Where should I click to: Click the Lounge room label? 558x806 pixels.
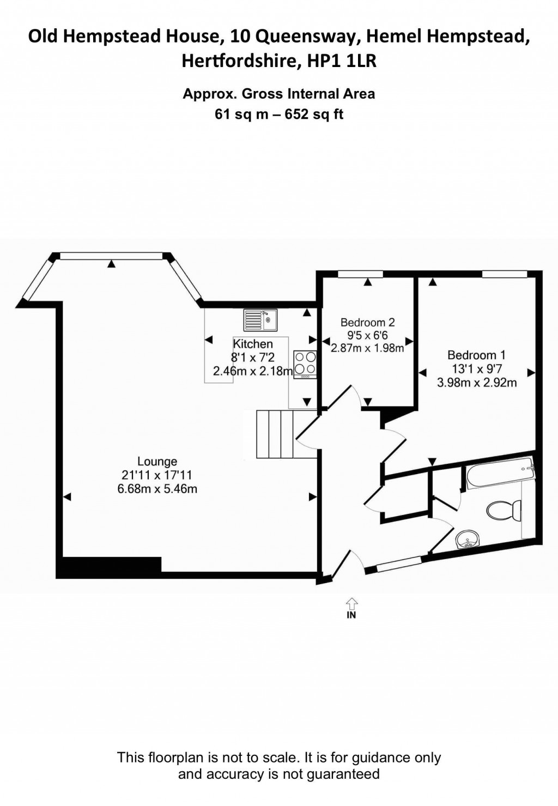157,462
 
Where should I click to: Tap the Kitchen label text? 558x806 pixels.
253,344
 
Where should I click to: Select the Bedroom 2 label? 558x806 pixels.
367,323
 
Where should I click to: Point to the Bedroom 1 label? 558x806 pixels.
472,355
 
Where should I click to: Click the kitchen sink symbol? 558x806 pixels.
261,319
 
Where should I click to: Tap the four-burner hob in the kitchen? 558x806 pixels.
305,363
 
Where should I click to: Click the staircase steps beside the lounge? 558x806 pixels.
276,434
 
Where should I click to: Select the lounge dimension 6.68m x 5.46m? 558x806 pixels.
157,489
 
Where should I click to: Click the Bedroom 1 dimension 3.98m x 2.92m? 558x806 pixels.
477,383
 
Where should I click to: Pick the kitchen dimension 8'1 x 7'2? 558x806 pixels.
252,357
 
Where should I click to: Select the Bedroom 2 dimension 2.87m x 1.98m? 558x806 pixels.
367,348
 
